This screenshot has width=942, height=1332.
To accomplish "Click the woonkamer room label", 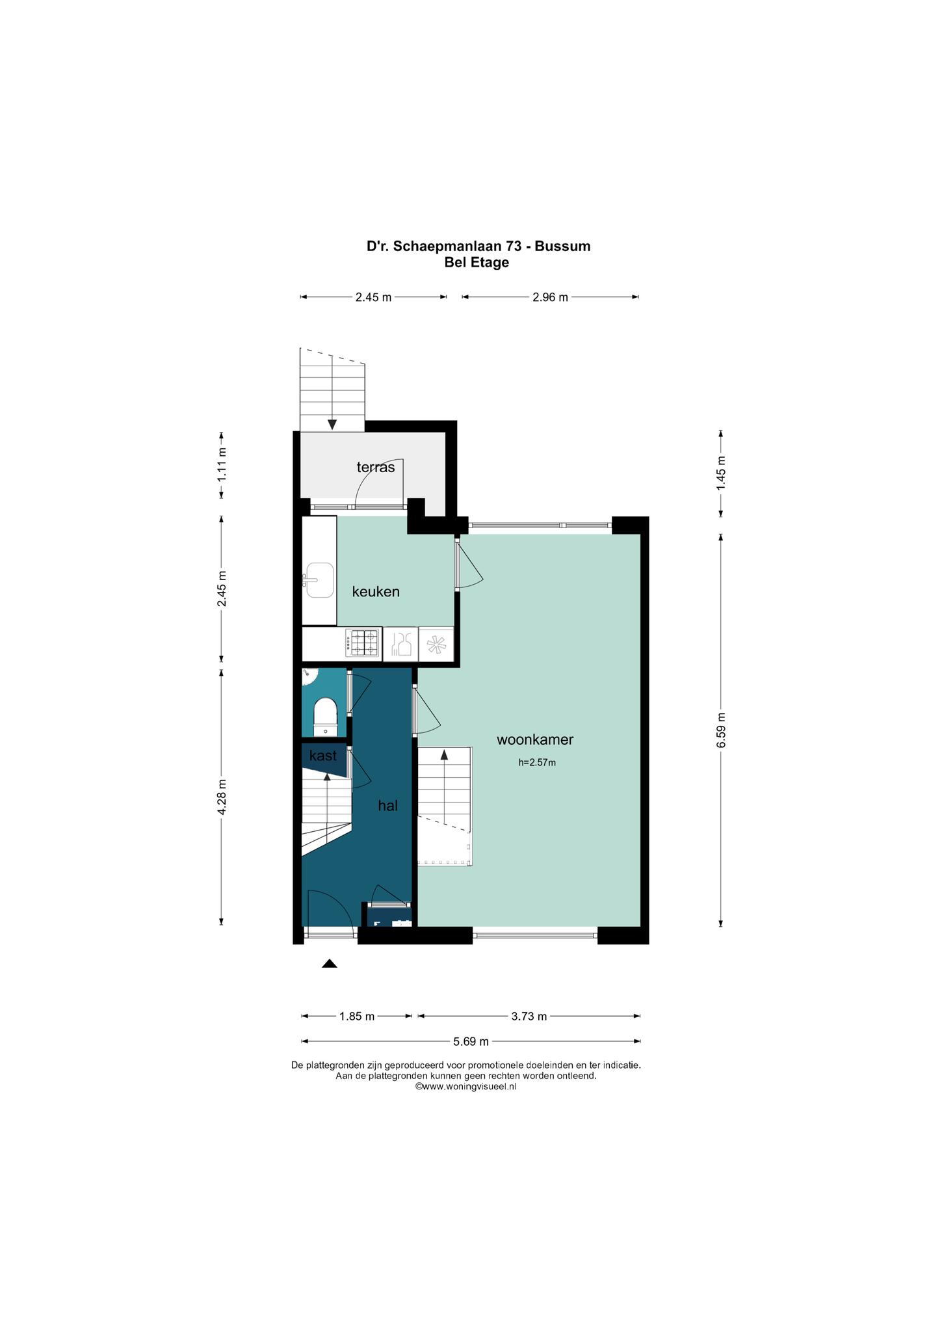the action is (535, 739).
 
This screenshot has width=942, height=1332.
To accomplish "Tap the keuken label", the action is (376, 592).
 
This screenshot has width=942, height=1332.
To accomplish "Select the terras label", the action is (376, 467).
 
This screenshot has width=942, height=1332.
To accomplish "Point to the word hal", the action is (388, 805).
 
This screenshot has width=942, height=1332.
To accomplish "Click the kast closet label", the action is (323, 756).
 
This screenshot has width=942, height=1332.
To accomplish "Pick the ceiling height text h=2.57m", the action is (537, 763).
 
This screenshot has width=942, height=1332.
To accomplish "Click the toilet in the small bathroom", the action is (325, 717).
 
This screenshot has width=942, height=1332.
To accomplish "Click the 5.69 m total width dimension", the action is (471, 1041).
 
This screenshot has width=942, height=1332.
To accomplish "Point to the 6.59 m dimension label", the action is (721, 730).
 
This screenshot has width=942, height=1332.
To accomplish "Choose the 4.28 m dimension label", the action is (222, 797).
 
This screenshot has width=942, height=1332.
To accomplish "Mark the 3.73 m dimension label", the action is (529, 1016).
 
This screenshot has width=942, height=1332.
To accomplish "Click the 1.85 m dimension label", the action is (357, 1016).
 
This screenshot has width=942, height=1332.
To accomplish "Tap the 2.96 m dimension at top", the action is (550, 297).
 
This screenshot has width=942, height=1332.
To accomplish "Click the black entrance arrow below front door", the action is (330, 964).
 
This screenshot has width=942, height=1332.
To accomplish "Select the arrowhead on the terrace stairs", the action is (332, 425).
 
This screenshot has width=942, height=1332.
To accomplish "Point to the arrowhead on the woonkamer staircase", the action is (445, 754).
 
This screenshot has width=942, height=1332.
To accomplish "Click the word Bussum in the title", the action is (563, 246).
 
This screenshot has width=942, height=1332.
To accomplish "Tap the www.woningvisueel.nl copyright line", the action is (465, 1086).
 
